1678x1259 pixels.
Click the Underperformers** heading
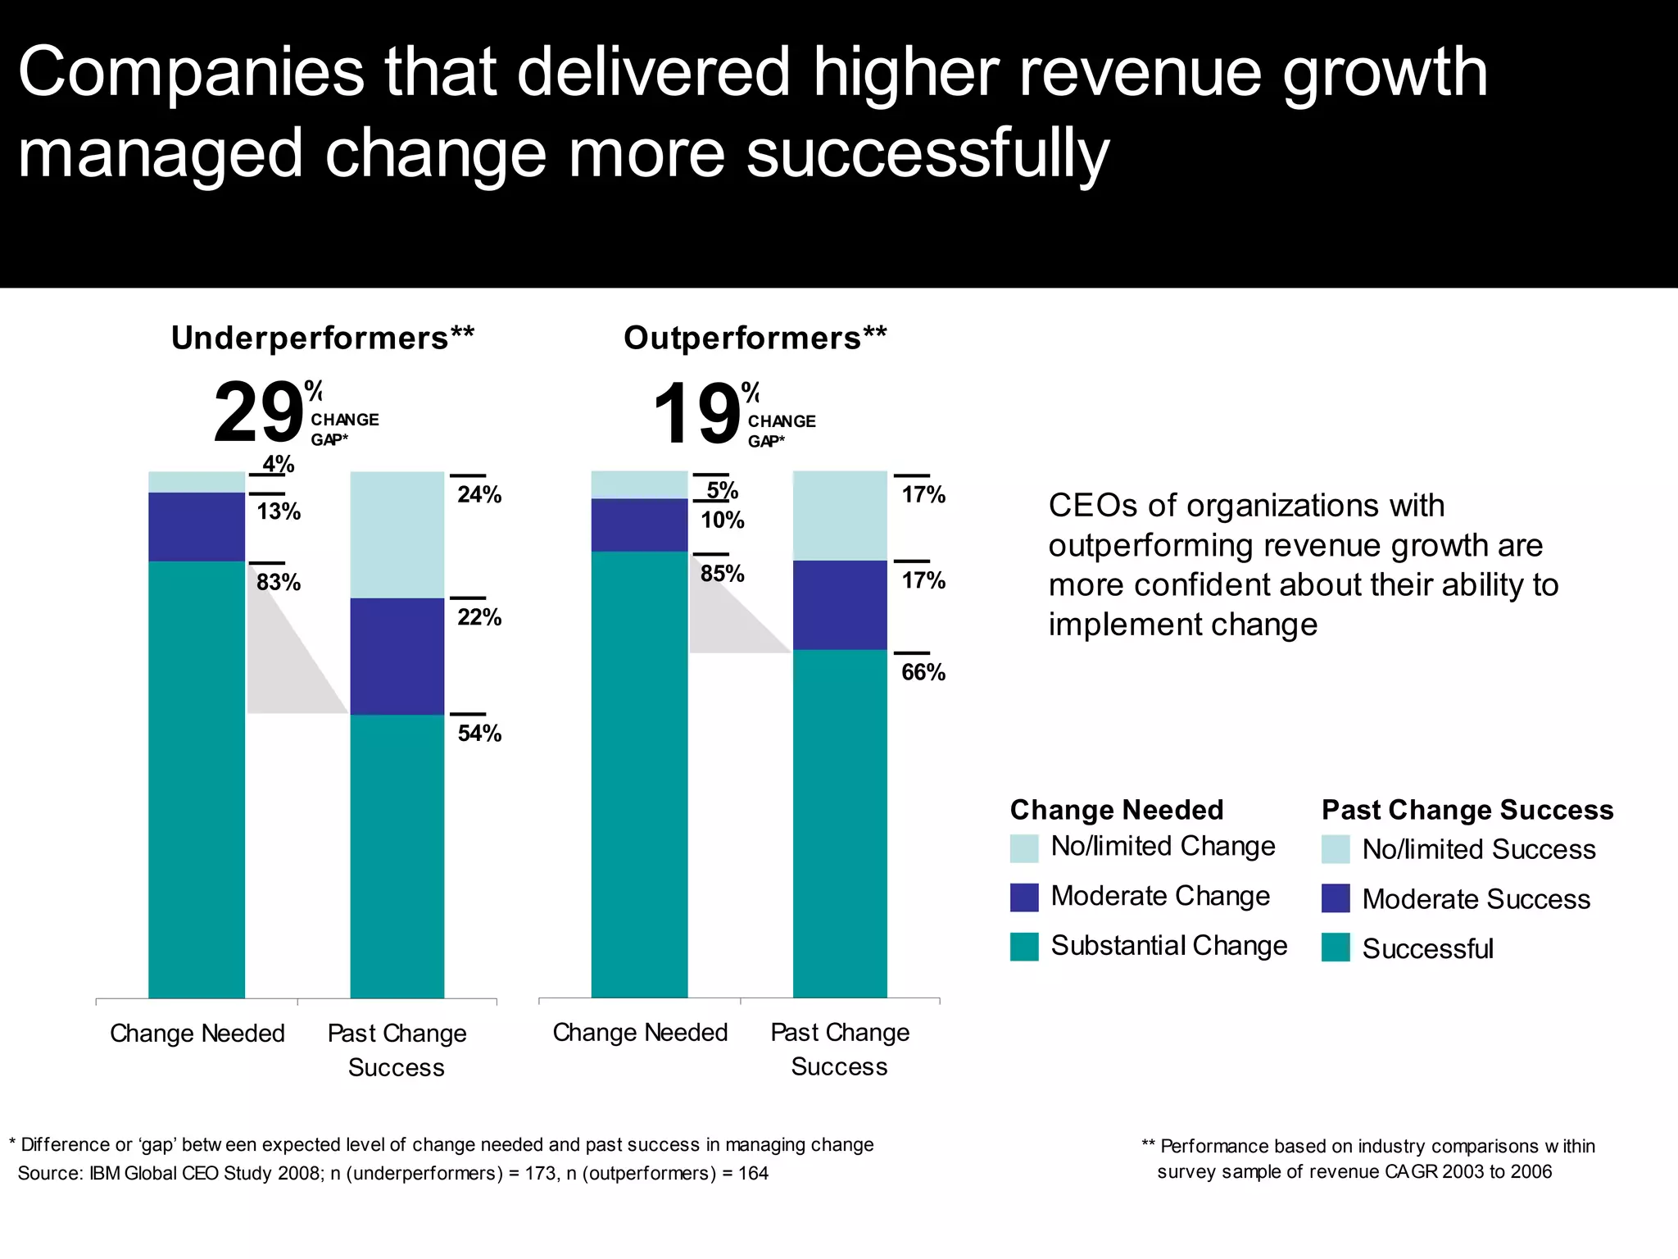(322, 338)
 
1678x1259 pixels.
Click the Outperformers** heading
(755, 338)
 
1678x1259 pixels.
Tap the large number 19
(697, 414)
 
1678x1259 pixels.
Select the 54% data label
(479, 733)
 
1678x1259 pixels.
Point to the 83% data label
(279, 582)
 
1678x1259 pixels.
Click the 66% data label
(923, 672)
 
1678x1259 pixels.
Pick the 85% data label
(722, 573)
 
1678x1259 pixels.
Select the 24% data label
(479, 494)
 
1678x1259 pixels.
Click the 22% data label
(479, 616)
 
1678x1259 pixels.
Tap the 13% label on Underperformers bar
(279, 511)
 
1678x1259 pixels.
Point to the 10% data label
(722, 520)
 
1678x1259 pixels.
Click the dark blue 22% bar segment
(397, 656)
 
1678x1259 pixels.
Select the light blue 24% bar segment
(397, 534)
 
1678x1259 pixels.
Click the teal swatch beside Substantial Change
(1024, 947)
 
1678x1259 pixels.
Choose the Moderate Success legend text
(1476, 899)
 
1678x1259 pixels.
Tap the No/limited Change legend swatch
(1024, 848)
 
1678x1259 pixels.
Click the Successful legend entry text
(1427, 948)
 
